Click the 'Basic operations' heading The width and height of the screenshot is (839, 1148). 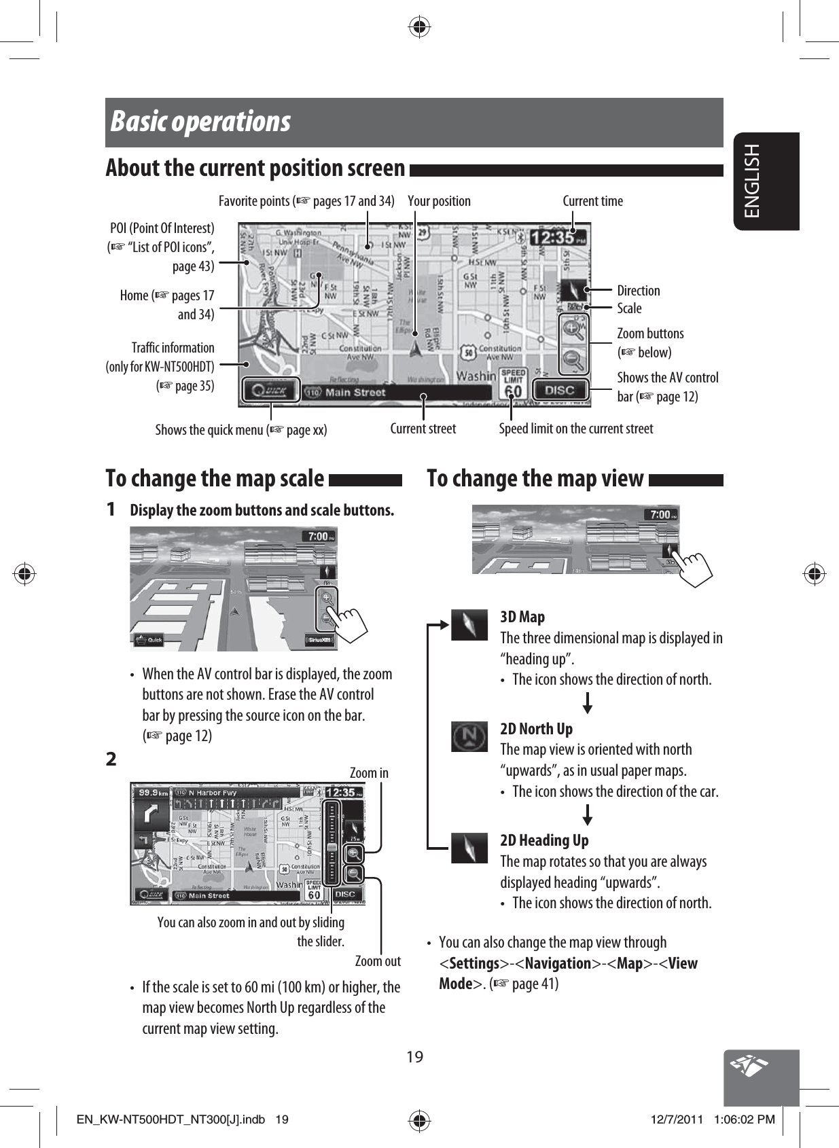pos(201,122)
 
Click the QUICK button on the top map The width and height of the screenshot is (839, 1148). pos(270,391)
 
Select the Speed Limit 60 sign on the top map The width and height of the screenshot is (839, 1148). pos(514,384)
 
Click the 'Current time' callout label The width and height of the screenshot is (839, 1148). pos(592,201)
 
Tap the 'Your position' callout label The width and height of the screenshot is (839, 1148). pos(439,201)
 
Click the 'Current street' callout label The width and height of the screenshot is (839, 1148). pos(423,429)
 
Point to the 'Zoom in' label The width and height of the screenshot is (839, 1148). pos(369,773)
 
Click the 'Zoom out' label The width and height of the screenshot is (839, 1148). pos(378,961)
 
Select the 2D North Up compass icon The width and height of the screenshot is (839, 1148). pos(469,736)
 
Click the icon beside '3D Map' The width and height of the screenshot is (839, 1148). pos(469,625)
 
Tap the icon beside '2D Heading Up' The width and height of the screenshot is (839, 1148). pos(469,848)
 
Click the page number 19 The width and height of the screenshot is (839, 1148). pos(414,1057)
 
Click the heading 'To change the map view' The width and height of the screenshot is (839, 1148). pos(535,479)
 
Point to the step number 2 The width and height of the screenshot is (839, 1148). pos(111,759)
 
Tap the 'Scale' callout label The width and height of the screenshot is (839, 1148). pos(629,308)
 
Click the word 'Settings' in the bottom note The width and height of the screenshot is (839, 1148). pos(474,963)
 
